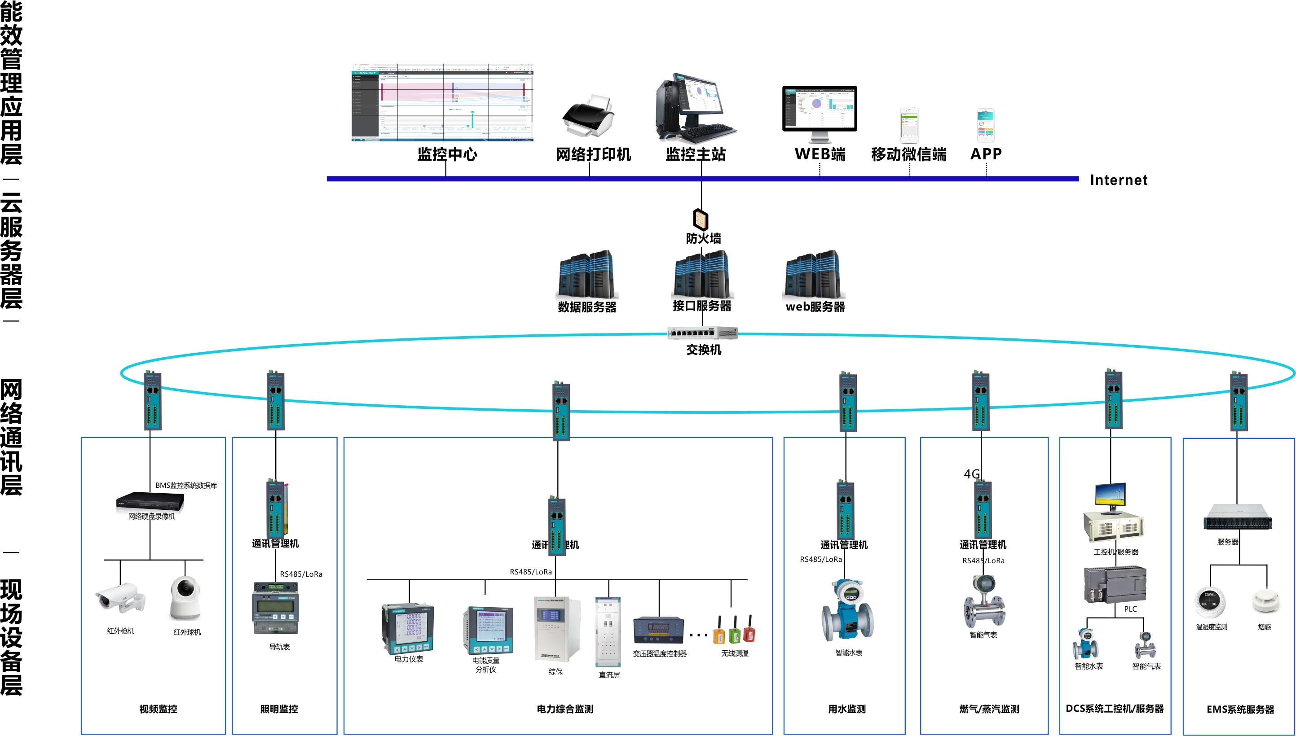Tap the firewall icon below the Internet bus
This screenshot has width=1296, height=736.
pyautogui.click(x=701, y=219)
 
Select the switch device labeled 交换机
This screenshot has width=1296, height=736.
pyautogui.click(x=702, y=333)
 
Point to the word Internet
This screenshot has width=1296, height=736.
pyautogui.click(x=1118, y=180)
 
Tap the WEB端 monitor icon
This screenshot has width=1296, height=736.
pyautogui.click(x=819, y=112)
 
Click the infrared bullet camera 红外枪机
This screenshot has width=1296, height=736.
pyautogui.click(x=120, y=599)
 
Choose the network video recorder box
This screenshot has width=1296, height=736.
pyautogui.click(x=150, y=500)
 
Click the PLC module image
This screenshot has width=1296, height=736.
pyautogui.click(x=1115, y=585)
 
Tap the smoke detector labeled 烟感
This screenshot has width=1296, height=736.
pyautogui.click(x=1265, y=600)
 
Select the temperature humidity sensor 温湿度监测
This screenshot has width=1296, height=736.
pyautogui.click(x=1210, y=601)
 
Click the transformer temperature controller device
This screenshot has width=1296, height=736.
pyautogui.click(x=658, y=631)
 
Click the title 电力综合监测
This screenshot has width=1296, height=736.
pyautogui.click(x=565, y=709)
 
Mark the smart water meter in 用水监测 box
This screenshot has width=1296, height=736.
pyautogui.click(x=847, y=612)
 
